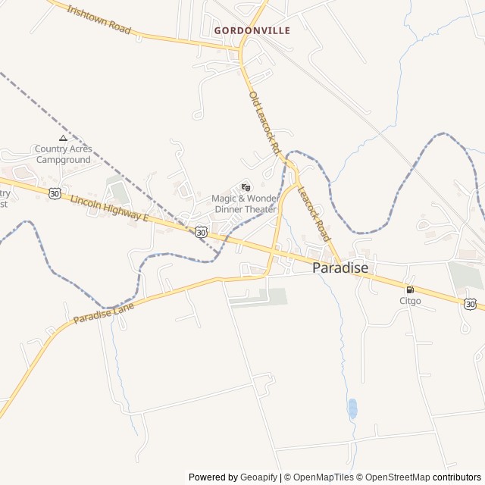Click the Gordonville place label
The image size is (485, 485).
252,30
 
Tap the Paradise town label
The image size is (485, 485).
340,268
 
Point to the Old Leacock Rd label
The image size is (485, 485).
264,121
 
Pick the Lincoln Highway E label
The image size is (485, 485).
109,208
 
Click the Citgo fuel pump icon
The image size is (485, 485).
410,289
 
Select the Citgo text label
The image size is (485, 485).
410,301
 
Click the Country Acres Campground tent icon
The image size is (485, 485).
63,138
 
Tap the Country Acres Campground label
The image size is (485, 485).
63,155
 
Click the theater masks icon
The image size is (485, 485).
245,187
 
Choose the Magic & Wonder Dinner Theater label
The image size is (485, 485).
245,203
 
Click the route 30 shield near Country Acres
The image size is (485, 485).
55,193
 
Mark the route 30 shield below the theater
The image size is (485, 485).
200,232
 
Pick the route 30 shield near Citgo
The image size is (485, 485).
471,304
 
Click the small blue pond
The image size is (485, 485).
352,408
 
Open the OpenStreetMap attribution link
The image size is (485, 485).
394,477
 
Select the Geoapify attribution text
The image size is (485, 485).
258,477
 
